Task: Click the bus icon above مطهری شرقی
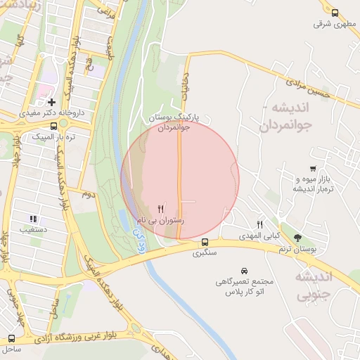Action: pos(334,13)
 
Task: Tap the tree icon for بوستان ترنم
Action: pos(298,238)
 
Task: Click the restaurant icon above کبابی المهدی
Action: pos(259,224)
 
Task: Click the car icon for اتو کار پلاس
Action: pos(244,271)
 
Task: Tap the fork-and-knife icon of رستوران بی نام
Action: pos(161,209)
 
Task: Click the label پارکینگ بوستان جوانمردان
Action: pos(172,122)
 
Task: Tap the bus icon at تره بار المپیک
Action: pos(54,127)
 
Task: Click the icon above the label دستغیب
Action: pos(32,219)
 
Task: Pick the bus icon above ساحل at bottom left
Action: pos(11,338)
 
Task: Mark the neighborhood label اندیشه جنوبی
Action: pos(333,284)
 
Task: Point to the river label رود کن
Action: pos(139,243)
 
